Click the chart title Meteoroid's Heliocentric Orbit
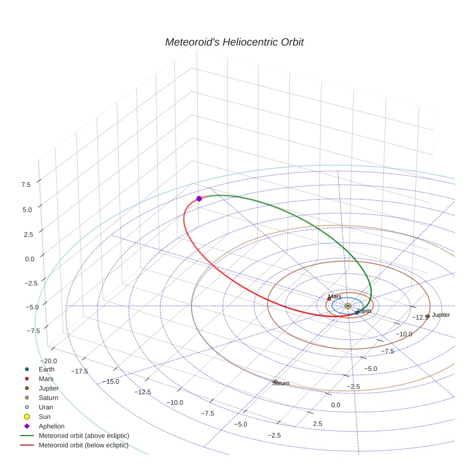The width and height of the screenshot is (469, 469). (234, 42)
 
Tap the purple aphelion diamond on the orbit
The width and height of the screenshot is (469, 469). (199, 199)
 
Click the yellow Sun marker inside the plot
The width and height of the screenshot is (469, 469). (347, 306)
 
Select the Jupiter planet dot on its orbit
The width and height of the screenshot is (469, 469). (428, 316)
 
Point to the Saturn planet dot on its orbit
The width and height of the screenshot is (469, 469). (275, 381)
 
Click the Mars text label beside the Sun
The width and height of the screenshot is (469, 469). (335, 296)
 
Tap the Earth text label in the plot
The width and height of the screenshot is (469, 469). (364, 311)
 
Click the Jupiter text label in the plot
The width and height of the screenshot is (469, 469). (441, 315)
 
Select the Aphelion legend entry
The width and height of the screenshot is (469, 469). (51, 426)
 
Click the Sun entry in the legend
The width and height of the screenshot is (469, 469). (45, 417)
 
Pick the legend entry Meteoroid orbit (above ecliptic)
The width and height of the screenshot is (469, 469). (84, 436)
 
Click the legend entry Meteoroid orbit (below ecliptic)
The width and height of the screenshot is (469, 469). (83, 445)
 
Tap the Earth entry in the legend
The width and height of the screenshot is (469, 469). (47, 369)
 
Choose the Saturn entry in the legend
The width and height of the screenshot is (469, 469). (49, 398)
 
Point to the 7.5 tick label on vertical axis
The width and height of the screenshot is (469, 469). (26, 184)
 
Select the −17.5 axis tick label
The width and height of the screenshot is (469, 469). (79, 371)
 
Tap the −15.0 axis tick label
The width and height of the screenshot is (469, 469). (111, 381)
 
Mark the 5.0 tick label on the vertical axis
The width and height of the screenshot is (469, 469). (26, 209)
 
